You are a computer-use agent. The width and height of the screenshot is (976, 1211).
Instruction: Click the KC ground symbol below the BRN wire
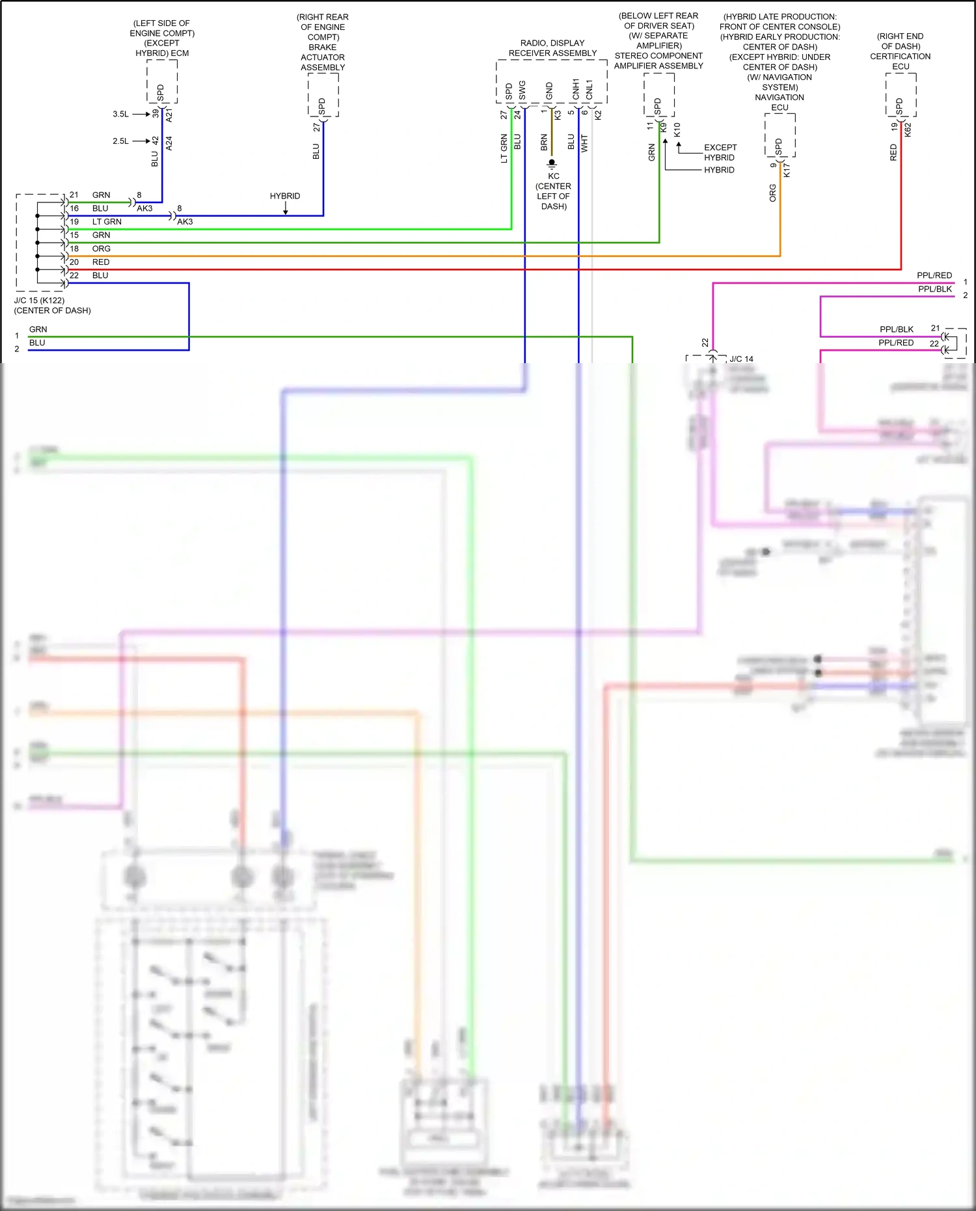click(x=552, y=163)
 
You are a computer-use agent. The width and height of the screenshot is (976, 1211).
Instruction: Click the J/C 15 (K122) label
click(x=40, y=301)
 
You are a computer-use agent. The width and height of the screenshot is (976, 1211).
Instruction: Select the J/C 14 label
click(x=741, y=359)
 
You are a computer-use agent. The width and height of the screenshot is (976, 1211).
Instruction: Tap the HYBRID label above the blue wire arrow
click(x=285, y=196)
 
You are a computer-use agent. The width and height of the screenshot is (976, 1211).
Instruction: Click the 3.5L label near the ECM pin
click(x=120, y=114)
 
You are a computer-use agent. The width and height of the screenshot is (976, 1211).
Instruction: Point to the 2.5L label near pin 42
click(x=120, y=141)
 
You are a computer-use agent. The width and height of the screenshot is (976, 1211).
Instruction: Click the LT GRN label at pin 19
click(x=107, y=222)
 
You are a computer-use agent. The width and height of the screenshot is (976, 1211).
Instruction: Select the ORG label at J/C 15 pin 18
click(x=101, y=249)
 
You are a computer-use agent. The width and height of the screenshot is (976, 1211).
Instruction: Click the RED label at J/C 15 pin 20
click(x=101, y=262)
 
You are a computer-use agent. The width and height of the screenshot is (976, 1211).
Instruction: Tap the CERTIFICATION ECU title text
click(x=901, y=61)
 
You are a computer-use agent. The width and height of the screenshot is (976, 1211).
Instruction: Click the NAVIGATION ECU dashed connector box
click(x=779, y=135)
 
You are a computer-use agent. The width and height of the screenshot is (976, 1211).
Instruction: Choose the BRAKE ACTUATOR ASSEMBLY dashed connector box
click(x=323, y=94)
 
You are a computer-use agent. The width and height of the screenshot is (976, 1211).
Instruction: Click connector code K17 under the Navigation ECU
click(x=787, y=170)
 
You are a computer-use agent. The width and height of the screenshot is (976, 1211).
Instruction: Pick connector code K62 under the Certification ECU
click(x=908, y=129)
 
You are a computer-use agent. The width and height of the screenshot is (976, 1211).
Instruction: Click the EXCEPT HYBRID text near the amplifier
click(x=720, y=152)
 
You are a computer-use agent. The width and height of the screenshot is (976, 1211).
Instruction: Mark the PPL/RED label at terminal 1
click(x=934, y=276)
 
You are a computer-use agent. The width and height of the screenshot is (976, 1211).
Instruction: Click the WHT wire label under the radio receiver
click(x=584, y=143)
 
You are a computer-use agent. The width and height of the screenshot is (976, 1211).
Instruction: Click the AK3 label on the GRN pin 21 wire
click(x=144, y=208)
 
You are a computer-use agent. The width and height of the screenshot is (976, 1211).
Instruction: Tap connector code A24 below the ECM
click(x=169, y=143)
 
